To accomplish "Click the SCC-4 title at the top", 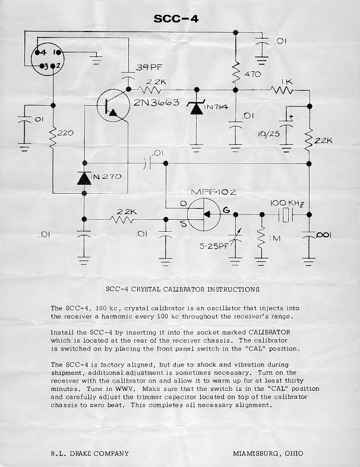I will (176, 19).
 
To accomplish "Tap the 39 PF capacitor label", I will (148, 68).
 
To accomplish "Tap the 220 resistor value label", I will (65, 133).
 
